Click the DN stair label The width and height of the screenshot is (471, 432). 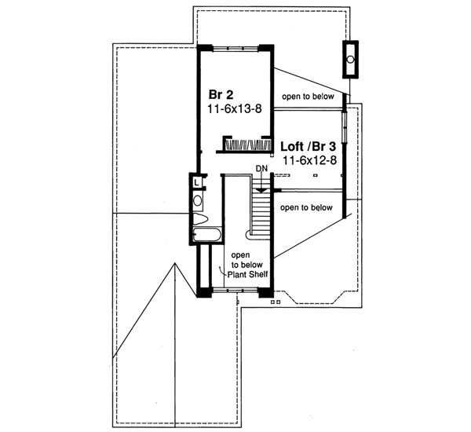[262, 170]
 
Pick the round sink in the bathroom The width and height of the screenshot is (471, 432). [198, 200]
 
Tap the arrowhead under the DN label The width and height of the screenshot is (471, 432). [262, 189]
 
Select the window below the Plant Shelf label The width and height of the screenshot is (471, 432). [236, 291]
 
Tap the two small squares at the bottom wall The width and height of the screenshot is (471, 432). [274, 301]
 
